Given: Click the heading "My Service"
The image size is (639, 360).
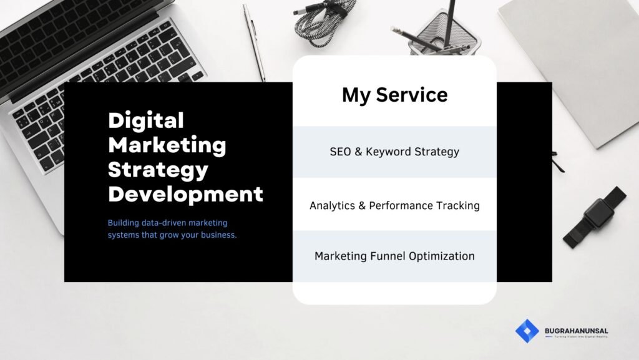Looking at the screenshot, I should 394,95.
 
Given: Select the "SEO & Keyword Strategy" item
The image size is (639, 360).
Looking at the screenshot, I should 394,152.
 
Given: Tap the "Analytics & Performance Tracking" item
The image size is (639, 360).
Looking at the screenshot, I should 394,205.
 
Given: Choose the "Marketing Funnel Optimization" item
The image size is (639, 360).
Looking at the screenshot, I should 394,256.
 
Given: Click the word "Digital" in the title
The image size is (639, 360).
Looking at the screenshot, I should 146,120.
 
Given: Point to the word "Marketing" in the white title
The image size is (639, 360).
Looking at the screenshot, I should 167,145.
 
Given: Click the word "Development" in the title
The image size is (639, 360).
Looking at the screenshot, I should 185,193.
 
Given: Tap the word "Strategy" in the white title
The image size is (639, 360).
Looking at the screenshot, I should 158,169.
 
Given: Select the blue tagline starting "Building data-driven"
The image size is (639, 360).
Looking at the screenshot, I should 172,229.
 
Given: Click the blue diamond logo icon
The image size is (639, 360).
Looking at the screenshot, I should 527,331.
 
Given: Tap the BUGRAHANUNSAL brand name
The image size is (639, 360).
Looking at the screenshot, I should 577,331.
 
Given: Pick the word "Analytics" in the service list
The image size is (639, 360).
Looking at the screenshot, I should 334,205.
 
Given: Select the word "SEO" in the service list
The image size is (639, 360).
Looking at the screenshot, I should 340,152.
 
